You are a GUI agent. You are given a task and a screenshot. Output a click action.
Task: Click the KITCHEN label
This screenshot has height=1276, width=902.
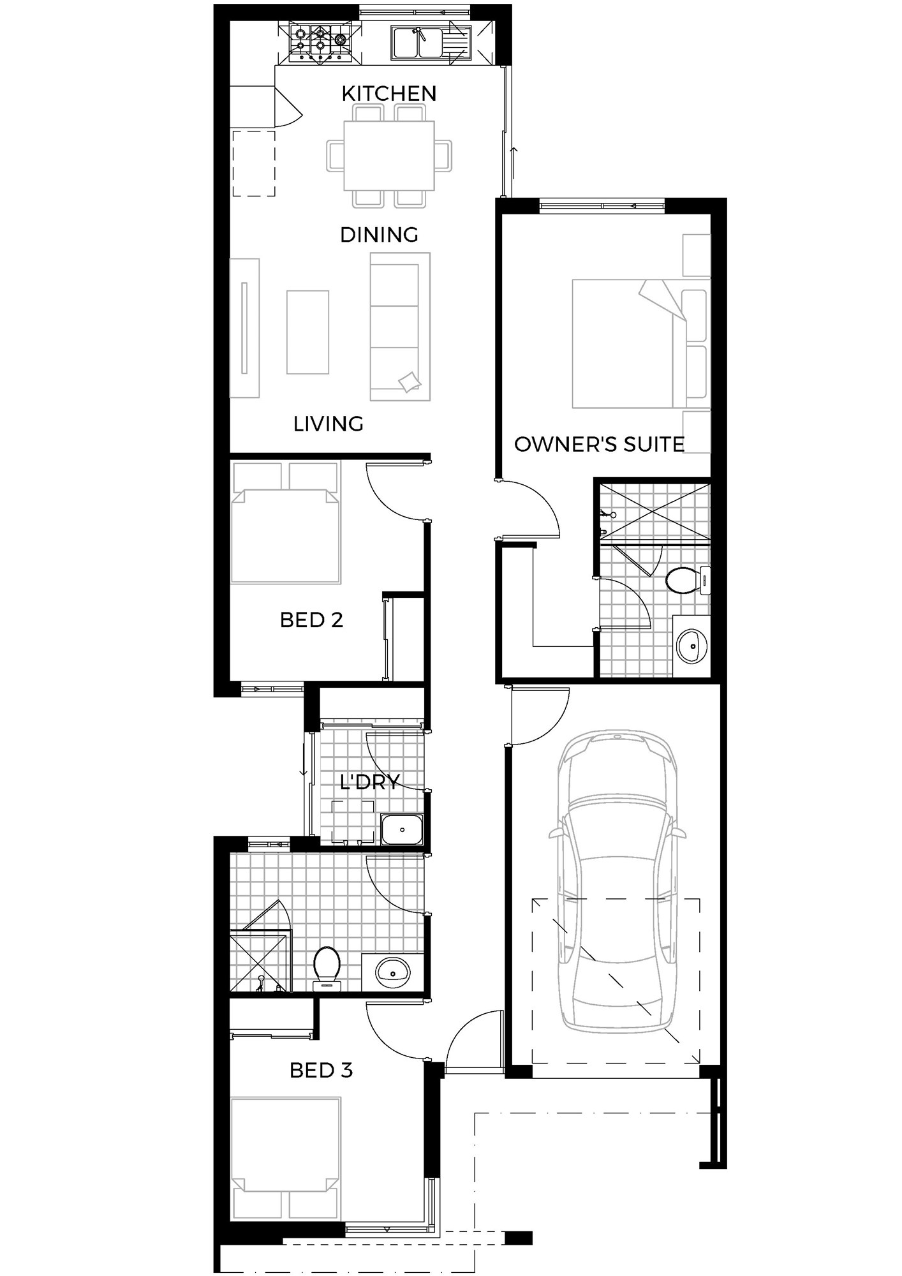(389, 93)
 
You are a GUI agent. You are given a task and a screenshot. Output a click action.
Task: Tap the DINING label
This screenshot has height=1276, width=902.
(379, 235)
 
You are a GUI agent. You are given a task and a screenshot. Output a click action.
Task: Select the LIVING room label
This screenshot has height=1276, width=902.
(329, 424)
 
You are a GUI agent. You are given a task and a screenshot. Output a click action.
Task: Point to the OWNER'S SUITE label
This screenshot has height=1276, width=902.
(600, 444)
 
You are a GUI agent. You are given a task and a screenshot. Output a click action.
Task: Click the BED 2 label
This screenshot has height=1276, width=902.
(312, 619)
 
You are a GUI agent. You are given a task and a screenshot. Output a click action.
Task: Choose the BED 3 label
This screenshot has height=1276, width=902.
(322, 1070)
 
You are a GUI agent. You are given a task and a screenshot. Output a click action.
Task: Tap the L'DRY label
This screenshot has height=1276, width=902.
(370, 782)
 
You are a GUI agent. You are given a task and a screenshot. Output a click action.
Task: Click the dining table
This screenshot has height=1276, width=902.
(389, 155)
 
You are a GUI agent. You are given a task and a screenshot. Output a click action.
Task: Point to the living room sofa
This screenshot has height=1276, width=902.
(400, 327)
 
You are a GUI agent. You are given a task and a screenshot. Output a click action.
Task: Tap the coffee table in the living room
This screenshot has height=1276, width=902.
(307, 332)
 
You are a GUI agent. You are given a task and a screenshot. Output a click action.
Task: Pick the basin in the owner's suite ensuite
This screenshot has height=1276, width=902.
(691, 646)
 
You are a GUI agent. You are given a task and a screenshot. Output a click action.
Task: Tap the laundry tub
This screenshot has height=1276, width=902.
(402, 829)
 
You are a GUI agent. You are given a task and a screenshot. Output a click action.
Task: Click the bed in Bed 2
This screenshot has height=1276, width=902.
(285, 523)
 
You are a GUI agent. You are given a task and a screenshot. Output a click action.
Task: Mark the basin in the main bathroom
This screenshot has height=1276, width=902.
(393, 972)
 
